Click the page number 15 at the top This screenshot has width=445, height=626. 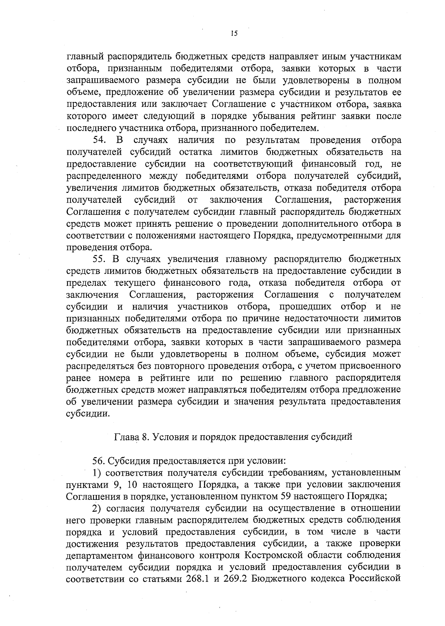[234, 33]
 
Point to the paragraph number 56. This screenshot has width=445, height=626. [99, 461]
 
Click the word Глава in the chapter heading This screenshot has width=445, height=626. [126, 437]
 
